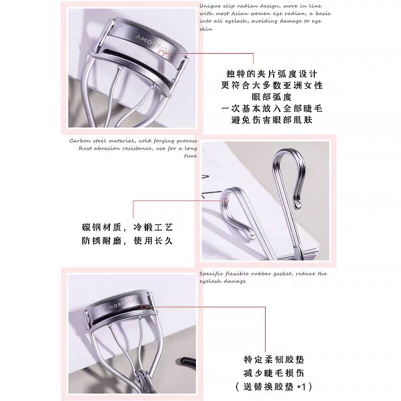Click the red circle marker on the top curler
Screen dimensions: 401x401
point(161,53)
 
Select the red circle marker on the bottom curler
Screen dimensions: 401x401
point(143,306)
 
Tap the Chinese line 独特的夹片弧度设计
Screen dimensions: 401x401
point(272,74)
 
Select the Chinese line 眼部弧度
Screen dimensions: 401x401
point(272,97)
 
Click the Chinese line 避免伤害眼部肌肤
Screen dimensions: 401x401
point(272,120)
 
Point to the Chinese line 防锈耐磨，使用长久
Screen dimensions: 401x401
point(127,241)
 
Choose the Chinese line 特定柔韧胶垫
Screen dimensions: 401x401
point(274,359)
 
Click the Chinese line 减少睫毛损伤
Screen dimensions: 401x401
point(274,373)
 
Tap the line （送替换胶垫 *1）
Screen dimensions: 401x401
point(274,386)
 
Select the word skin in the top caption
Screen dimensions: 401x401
point(206,29)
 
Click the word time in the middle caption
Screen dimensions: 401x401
point(190,156)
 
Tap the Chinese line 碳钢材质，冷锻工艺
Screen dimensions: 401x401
point(127,227)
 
